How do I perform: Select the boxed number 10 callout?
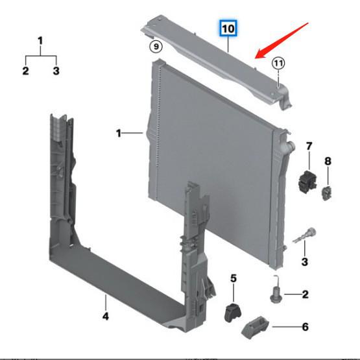(228, 29)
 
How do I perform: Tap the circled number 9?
(154, 46)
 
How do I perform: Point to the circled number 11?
(278, 64)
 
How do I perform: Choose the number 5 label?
(234, 279)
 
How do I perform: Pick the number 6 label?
(306, 327)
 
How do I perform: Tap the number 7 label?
(309, 145)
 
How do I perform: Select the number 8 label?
(328, 160)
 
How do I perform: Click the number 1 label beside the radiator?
(119, 133)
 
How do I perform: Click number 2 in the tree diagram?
(26, 71)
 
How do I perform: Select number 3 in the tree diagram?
(56, 71)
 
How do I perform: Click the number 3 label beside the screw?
(304, 261)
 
